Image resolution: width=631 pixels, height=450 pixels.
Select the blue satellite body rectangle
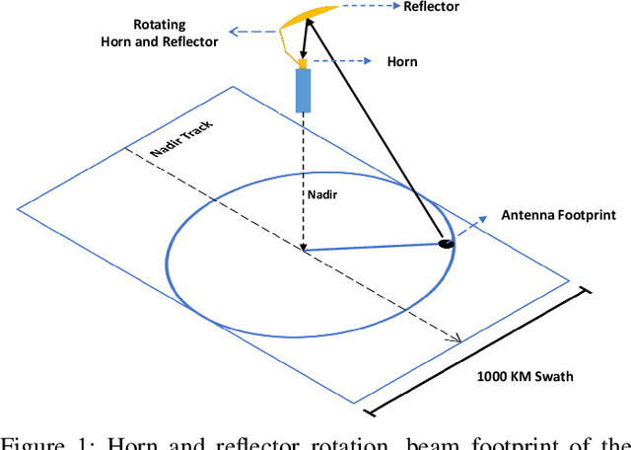(304, 90)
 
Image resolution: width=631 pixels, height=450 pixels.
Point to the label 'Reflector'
(432, 7)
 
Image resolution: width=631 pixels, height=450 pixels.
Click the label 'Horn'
(402, 61)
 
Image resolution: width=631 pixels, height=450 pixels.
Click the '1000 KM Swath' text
(524, 375)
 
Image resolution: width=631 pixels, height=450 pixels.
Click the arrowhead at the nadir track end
(456, 339)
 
